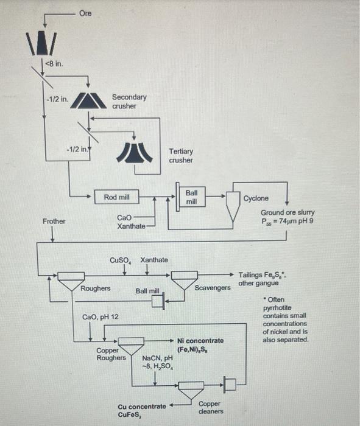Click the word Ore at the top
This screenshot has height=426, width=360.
tap(85, 13)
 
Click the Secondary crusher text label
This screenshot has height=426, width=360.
tap(129, 101)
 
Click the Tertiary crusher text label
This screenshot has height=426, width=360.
tap(181, 156)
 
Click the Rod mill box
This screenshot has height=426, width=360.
tap(116, 197)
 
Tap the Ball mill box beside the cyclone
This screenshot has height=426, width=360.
tap(191, 197)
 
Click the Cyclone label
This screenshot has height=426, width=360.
tap(255, 198)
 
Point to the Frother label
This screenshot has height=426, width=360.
tap(54, 221)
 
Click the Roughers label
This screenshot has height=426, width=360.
tap(96, 288)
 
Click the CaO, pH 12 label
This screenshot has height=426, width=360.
tap(101, 317)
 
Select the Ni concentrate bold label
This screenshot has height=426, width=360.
tap(200, 341)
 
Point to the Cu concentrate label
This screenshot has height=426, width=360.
tap(141, 406)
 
